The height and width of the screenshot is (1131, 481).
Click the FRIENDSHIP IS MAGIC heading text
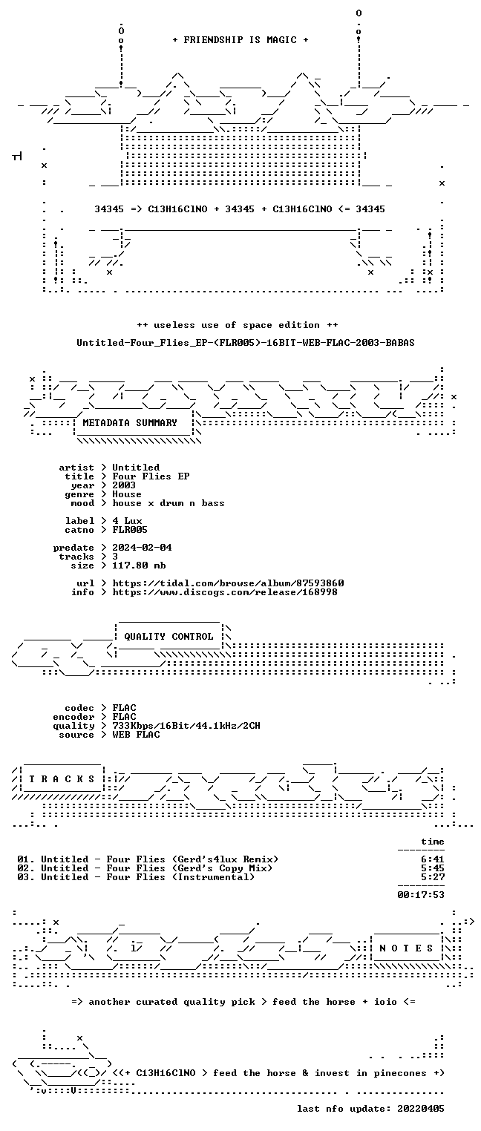point(240,40)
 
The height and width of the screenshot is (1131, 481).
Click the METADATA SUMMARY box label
point(130,422)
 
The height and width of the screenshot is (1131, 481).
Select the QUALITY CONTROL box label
point(168,636)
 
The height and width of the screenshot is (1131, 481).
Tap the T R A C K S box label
point(62,778)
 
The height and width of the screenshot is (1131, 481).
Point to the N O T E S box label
point(406,948)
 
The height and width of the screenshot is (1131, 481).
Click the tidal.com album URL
point(228,583)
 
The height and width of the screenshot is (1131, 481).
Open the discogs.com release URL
point(225,592)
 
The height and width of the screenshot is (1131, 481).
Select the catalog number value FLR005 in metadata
point(130,530)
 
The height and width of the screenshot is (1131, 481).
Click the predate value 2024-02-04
point(142,548)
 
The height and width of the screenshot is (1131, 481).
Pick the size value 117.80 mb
point(139,565)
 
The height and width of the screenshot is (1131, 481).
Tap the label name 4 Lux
point(127,521)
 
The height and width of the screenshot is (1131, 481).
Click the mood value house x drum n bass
point(168,503)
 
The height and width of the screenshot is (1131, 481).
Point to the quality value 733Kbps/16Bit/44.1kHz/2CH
point(186,726)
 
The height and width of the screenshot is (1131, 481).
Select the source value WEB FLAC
point(136,735)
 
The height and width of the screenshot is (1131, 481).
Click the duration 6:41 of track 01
point(433,859)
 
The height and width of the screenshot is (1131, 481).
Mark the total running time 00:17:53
point(421,895)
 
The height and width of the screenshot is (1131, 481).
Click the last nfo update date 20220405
point(421,1108)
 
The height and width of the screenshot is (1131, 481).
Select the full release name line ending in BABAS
point(246,343)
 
